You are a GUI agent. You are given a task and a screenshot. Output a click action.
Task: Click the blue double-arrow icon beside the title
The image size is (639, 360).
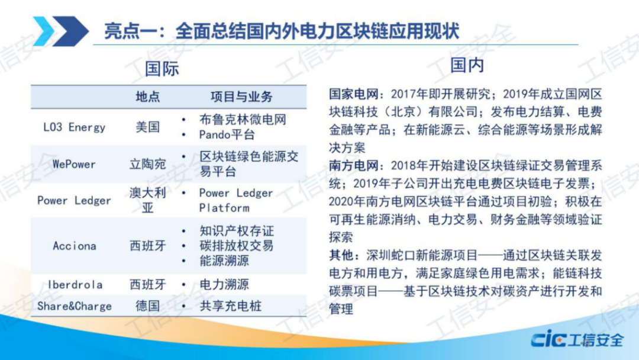click(60, 30)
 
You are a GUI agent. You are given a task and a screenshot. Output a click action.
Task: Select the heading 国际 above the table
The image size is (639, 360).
click(162, 69)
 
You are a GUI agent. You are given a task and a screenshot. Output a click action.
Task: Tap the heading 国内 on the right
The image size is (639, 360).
click(467, 65)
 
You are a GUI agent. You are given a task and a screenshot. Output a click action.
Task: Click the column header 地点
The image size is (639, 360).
click(148, 97)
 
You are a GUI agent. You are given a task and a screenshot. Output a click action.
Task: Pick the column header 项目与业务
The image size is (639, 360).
click(241, 97)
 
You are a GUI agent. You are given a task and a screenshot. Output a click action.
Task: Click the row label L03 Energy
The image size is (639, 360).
click(75, 127)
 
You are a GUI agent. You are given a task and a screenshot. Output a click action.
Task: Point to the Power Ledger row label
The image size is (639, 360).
click(75, 200)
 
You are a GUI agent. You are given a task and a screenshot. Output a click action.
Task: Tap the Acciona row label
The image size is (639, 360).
click(75, 246)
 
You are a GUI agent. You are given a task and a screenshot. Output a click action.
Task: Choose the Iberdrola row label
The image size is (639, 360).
click(75, 285)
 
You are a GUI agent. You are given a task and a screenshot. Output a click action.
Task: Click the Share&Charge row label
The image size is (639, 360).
click(75, 306)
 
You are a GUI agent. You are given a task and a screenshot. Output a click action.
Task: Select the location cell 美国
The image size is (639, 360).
click(148, 127)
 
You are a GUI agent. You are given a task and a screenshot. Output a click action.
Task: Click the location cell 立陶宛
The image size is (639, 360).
click(148, 164)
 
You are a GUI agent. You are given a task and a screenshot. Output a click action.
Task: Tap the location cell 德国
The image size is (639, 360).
click(148, 306)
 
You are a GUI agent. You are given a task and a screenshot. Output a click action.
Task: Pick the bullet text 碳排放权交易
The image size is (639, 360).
click(236, 246)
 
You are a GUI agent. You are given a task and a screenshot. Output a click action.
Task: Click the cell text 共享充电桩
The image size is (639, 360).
click(230, 306)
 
